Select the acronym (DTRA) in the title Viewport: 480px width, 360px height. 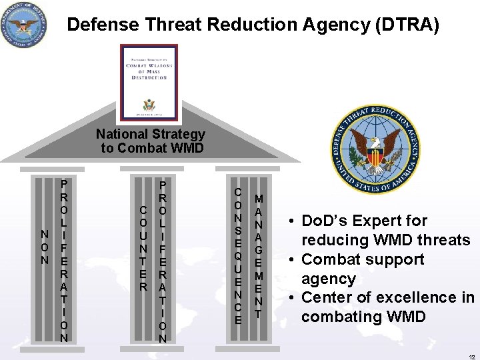tap(407, 25)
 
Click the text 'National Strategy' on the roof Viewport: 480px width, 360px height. tap(151, 134)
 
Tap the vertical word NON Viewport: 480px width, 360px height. tap(45, 247)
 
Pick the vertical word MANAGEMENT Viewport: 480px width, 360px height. tap(259, 255)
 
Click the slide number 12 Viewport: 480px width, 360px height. tap(471, 351)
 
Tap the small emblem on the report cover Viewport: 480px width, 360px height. tap(149, 104)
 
